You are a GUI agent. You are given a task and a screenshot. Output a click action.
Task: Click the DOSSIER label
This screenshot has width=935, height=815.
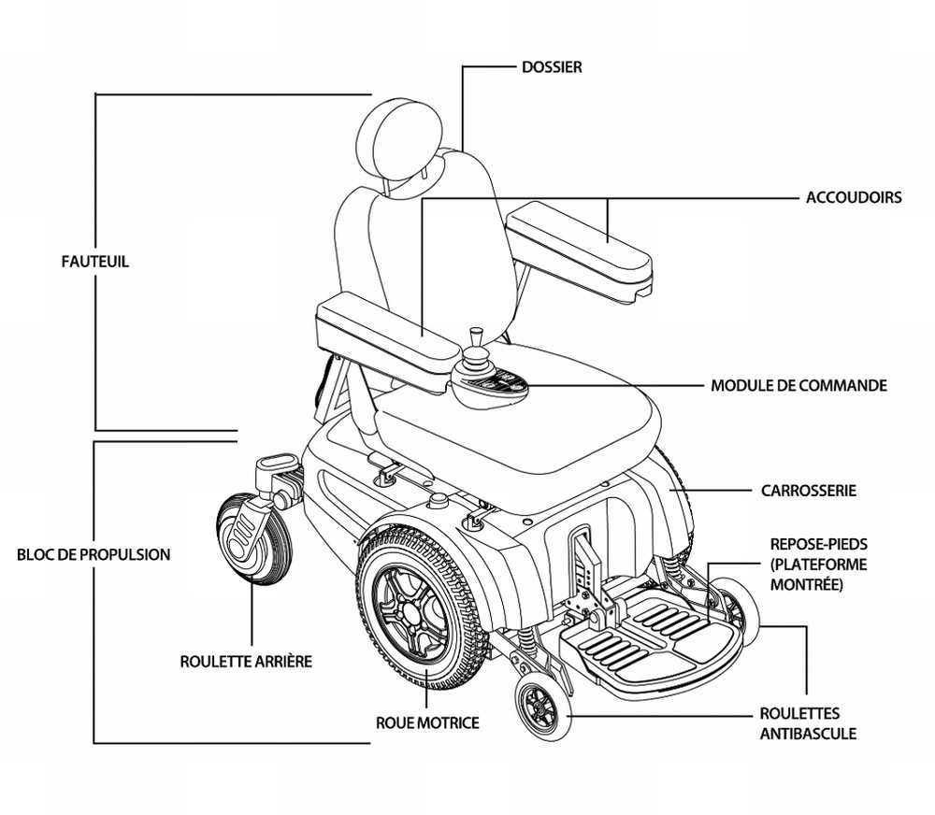tap(552, 67)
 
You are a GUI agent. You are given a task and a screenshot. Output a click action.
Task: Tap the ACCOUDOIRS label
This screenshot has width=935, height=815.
tap(854, 198)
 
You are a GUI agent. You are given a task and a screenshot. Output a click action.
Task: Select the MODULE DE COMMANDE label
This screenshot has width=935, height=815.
tap(798, 385)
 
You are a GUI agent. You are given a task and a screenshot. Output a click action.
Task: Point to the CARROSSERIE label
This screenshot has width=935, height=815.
tap(809, 490)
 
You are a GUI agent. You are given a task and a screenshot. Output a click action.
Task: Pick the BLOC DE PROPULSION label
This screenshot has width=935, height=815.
tap(93, 554)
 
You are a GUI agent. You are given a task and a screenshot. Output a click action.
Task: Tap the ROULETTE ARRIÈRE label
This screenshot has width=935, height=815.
tap(246, 661)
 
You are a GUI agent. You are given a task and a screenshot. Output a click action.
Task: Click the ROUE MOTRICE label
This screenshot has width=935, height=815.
tap(427, 722)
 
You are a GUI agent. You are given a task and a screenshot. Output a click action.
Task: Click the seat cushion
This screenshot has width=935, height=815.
tap(524, 402)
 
